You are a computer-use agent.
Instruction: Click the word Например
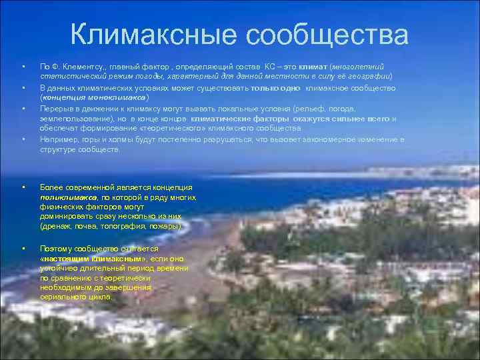tap(57, 139)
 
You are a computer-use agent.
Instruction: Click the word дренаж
tap(55, 227)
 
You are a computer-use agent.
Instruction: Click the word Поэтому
tap(56, 248)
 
